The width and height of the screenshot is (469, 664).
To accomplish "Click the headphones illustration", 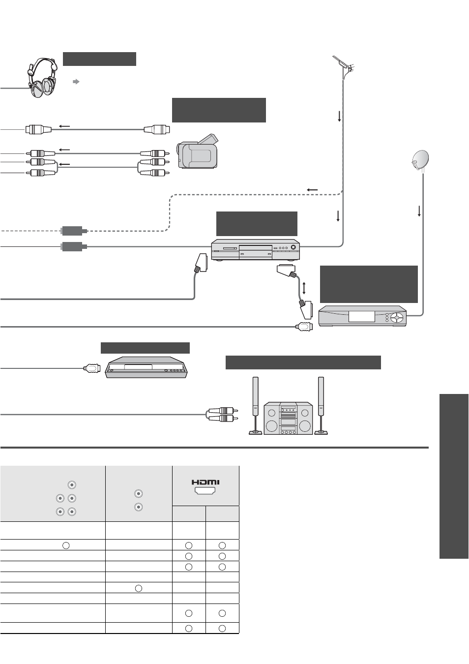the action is pyautogui.click(x=42, y=78).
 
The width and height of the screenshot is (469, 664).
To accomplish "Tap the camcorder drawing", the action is pyautogui.click(x=197, y=152).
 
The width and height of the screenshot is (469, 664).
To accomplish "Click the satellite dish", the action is pyautogui.click(x=420, y=160).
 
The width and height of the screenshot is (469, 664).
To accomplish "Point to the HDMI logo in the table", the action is pyautogui.click(x=205, y=483).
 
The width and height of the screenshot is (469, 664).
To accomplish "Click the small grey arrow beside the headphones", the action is pyautogui.click(x=76, y=82).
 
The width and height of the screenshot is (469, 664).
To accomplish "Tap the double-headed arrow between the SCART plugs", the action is pyautogui.click(x=304, y=288).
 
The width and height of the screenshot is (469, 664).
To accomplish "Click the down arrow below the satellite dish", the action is pyautogui.click(x=419, y=211).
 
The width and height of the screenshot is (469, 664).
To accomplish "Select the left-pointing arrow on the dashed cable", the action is pyautogui.click(x=312, y=190).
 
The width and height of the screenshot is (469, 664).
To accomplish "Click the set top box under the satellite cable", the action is pyautogui.click(x=362, y=316).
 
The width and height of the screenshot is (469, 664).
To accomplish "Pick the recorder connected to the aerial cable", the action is pyautogui.click(x=255, y=249).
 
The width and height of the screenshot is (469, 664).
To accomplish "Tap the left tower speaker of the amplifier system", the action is pyautogui.click(x=255, y=405).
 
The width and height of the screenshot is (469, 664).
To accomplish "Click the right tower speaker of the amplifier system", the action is pyautogui.click(x=321, y=405).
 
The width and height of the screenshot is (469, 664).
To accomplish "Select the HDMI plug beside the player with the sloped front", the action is pyautogui.click(x=91, y=368).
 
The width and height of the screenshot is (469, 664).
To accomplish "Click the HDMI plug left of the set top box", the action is pyautogui.click(x=304, y=327).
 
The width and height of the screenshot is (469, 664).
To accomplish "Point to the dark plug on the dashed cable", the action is pyautogui.click(x=74, y=231).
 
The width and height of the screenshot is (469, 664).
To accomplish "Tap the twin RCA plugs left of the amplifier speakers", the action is pyautogui.click(x=222, y=415).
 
